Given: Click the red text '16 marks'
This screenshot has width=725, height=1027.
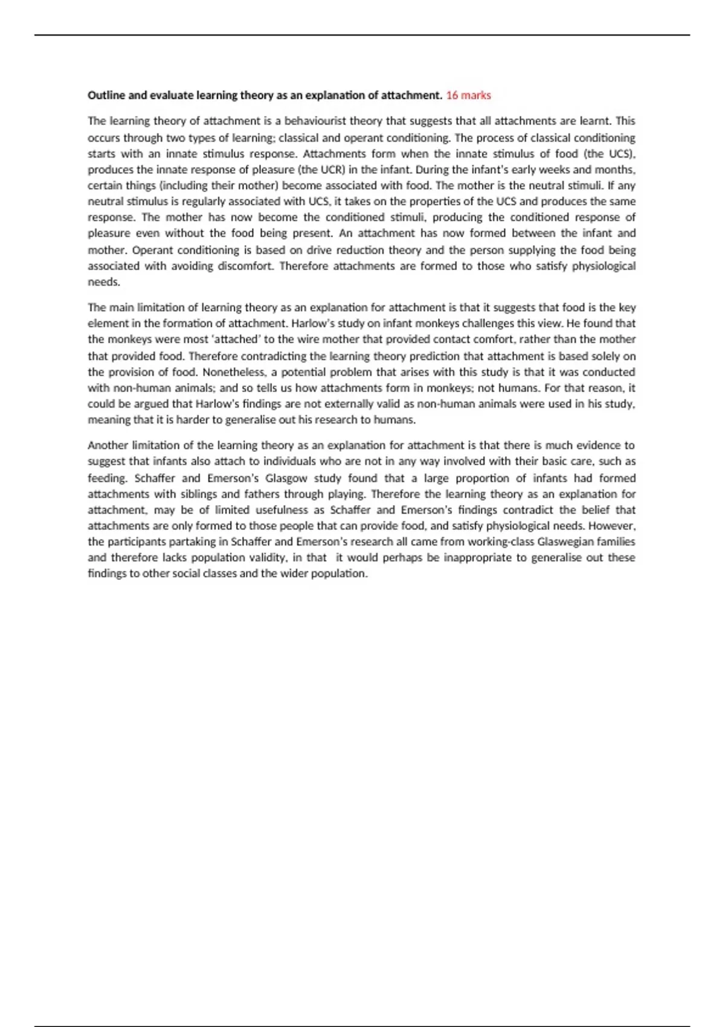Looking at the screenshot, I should (468, 95).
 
